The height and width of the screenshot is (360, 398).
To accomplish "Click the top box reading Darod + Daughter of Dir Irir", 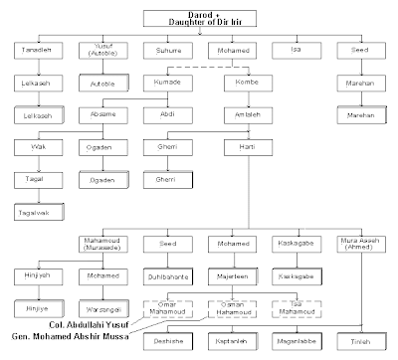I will click(206, 18).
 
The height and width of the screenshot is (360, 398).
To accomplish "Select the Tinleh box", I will click(359, 341).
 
